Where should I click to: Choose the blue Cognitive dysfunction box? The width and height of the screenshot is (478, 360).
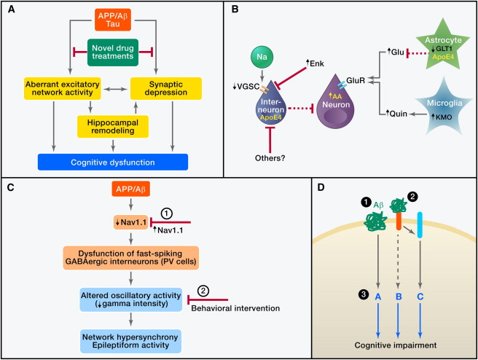pyautogui.click(x=113, y=161)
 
